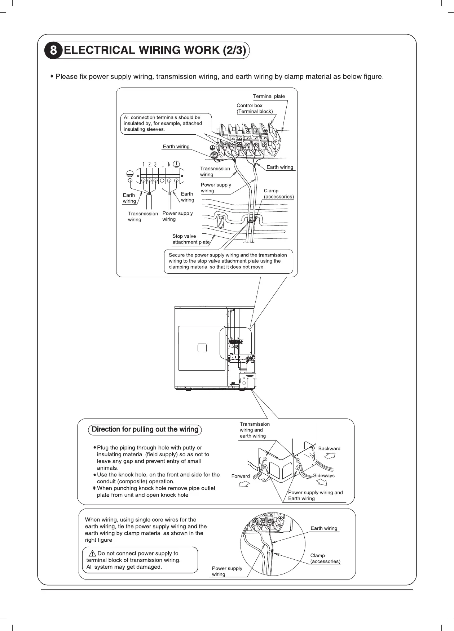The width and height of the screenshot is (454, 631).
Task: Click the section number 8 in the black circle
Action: point(53,50)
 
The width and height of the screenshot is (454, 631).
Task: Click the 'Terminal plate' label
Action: point(269,96)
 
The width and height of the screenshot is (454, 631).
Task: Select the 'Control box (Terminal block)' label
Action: point(254,108)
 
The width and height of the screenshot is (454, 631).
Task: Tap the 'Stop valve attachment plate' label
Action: point(190,239)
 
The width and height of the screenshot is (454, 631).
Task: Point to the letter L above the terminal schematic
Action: point(163,165)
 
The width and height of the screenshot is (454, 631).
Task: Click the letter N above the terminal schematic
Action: point(169,165)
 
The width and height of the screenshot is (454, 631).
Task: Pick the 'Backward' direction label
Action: point(329,448)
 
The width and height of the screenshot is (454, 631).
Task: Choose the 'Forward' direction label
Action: point(241,476)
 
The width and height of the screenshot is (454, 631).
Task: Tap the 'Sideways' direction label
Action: point(323,475)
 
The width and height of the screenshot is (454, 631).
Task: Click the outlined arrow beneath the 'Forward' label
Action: point(244,484)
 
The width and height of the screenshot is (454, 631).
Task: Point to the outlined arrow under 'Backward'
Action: point(330,456)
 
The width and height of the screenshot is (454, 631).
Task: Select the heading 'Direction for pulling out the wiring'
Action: point(145,429)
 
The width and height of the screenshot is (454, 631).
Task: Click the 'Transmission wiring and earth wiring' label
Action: point(254,430)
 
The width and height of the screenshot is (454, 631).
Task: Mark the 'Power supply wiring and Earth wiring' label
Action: point(315,495)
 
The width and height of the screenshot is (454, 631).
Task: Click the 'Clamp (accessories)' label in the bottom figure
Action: point(325,558)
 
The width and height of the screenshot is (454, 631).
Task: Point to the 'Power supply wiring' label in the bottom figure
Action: point(227,571)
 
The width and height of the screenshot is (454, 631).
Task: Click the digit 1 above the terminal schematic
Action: point(144,165)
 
